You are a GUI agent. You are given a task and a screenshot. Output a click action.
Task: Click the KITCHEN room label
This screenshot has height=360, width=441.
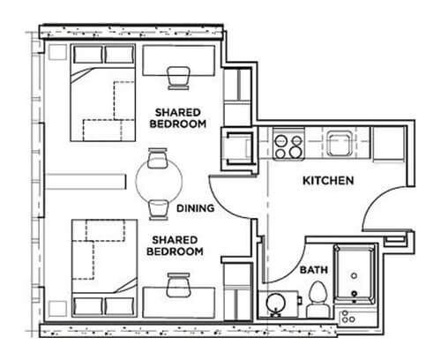328,180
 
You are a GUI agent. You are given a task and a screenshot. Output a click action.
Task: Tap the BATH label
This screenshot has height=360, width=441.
314,270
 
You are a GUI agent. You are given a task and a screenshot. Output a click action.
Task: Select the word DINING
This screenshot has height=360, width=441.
195,208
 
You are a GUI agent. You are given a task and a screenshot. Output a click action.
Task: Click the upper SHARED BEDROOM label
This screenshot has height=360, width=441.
178,118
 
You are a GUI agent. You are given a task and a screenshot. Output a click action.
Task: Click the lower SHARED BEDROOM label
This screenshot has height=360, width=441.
175,245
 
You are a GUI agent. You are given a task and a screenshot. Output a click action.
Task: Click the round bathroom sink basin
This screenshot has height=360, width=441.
276,303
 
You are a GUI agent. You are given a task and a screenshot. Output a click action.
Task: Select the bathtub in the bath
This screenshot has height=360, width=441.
355,274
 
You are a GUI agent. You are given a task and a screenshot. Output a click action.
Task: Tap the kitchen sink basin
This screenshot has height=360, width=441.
340,144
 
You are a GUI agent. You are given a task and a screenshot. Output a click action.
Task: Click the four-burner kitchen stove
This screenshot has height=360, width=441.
288,144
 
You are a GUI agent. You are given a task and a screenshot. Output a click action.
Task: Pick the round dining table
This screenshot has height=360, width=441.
159,180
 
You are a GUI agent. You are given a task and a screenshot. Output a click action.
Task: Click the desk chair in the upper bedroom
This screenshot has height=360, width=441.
178,78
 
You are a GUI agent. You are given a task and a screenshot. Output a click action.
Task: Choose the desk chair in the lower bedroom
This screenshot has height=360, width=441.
178,285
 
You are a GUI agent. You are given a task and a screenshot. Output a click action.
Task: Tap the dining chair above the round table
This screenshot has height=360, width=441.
158,158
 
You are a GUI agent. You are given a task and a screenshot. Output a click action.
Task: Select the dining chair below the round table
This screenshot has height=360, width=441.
159,209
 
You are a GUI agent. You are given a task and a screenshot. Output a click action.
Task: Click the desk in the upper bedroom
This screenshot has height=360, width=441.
179,61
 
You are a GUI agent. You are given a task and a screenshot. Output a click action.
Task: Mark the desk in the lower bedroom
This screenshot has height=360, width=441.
179,303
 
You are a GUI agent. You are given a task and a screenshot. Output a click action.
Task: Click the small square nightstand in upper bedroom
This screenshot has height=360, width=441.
57,52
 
